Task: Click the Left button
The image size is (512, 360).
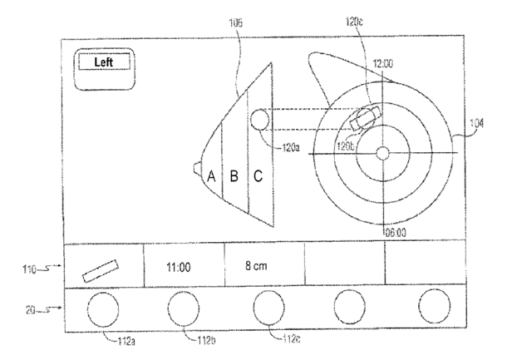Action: coord(102,62)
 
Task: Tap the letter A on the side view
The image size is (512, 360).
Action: coord(211,175)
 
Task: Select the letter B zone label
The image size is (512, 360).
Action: coord(234,175)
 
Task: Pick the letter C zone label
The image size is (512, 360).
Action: coord(258,175)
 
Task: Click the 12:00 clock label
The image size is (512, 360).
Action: coord(383,63)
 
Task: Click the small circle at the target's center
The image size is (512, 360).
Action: coord(382,153)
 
